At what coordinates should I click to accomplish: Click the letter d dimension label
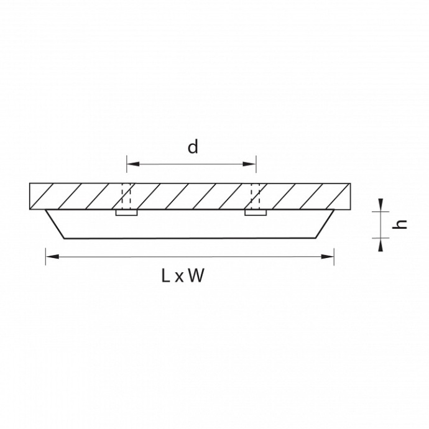point(193,147)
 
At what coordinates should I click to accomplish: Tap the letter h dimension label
point(399,224)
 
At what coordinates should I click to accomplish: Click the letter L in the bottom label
point(166,275)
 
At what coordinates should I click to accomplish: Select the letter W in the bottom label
point(196,275)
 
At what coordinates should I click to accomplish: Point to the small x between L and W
point(179,277)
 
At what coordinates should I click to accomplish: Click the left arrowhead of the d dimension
point(133,164)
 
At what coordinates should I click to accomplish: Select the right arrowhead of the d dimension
point(249,164)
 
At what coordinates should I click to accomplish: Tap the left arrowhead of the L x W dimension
point(52,257)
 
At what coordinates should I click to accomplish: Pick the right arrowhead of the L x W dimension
point(328,257)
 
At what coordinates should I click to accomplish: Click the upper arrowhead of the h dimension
point(381,205)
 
